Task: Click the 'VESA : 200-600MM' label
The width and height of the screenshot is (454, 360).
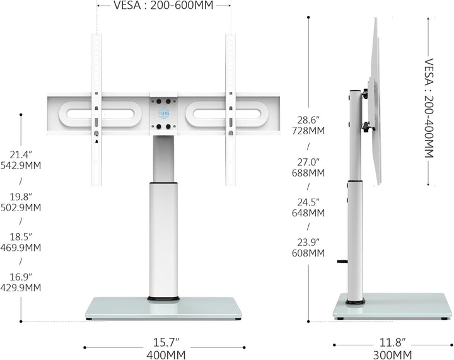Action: [x=163, y=5]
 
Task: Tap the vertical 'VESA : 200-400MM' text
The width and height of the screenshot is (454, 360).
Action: [x=429, y=108]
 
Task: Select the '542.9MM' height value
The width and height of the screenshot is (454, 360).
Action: [x=21, y=166]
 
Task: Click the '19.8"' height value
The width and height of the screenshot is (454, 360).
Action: [x=21, y=197]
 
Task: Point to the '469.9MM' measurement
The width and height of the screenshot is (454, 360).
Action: [x=21, y=248]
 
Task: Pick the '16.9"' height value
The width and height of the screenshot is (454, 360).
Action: [x=21, y=277]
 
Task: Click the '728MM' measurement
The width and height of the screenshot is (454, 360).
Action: [x=308, y=131]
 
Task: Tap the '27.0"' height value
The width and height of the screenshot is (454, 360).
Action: [x=308, y=162]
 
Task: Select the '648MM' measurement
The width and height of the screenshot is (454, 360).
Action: [x=308, y=213]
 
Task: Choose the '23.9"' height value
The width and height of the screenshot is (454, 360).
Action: [x=308, y=242]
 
